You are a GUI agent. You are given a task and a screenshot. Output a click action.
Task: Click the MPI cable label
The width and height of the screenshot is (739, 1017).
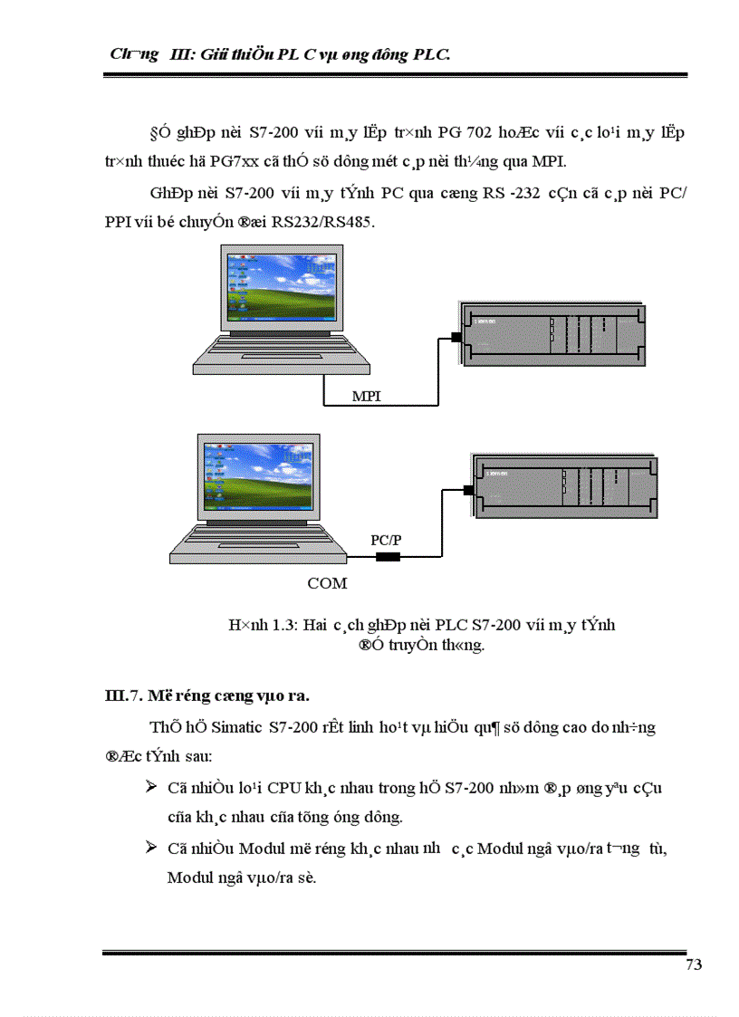(x=367, y=397)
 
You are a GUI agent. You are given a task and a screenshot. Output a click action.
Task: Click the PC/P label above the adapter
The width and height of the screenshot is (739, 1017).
(x=386, y=539)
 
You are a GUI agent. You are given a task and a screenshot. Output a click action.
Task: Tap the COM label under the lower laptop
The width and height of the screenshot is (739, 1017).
(x=327, y=583)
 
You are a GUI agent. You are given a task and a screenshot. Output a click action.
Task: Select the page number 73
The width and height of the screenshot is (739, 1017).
(x=694, y=964)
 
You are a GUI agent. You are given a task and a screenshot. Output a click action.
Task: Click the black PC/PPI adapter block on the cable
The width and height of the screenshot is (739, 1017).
(x=388, y=556)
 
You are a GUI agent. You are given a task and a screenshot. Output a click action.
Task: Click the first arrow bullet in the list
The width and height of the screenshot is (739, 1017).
(x=151, y=786)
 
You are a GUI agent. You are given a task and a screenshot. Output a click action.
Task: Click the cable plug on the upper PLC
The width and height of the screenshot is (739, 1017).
(x=456, y=339)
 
